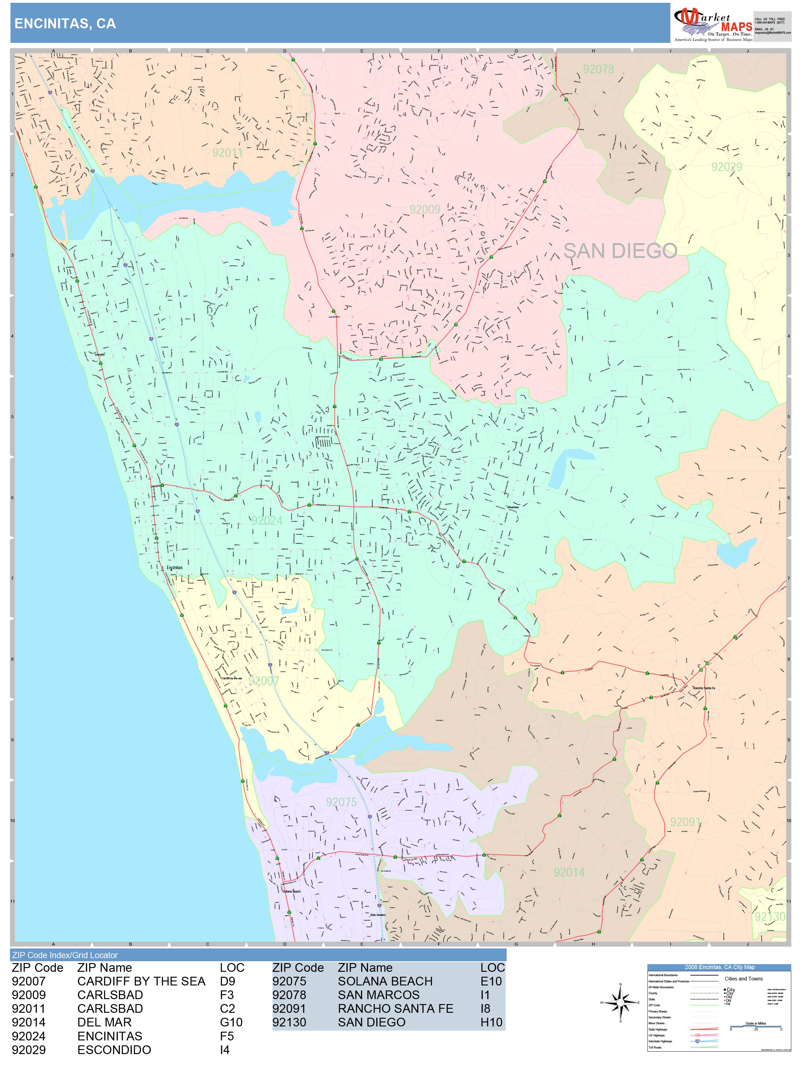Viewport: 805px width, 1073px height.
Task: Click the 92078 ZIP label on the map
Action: (598, 69)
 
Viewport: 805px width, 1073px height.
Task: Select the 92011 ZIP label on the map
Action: (227, 153)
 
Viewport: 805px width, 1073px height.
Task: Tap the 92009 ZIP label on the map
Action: (425, 210)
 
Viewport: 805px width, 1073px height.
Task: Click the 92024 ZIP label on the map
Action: (266, 520)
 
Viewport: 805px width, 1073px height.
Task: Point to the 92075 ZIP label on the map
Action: (341, 802)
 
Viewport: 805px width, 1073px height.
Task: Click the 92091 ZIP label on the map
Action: (685, 822)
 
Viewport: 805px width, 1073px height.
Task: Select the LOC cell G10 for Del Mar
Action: (231, 1022)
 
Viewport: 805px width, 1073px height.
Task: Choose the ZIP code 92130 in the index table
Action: (289, 1022)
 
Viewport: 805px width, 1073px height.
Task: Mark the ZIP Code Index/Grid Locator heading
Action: (65, 955)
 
